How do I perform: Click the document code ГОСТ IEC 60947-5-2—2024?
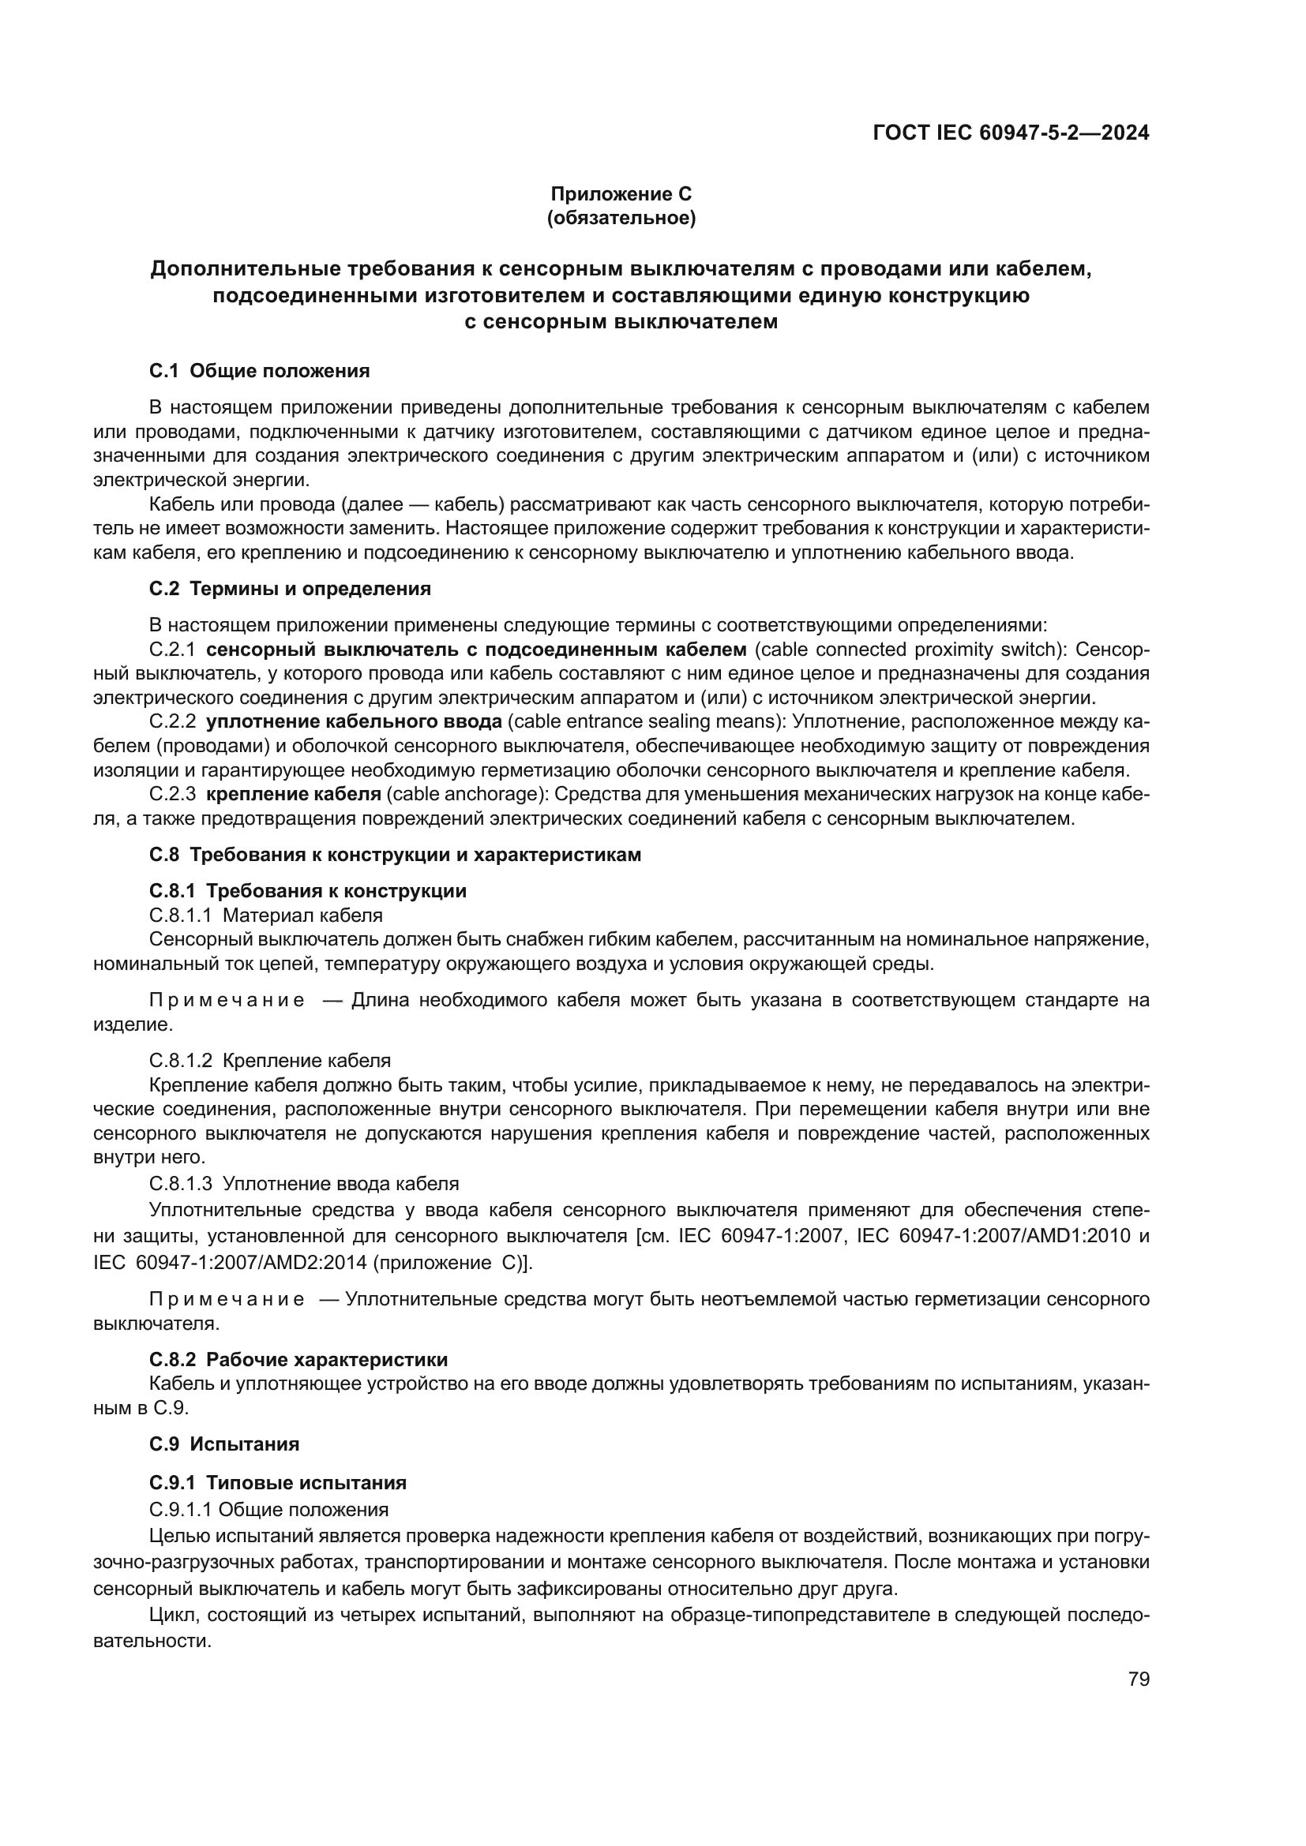[x=1010, y=133]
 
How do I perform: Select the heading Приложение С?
[x=621, y=194]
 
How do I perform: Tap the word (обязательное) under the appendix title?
[x=621, y=218]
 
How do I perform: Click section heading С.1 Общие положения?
[x=260, y=371]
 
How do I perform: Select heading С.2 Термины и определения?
[x=291, y=589]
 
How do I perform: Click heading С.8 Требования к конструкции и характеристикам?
[x=396, y=855]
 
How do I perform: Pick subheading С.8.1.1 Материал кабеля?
[x=266, y=915]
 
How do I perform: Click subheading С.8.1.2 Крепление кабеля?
[x=270, y=1061]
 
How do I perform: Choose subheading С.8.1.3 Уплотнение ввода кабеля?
[x=304, y=1184]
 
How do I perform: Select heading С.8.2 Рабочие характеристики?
[x=298, y=1360]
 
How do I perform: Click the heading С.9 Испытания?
[x=224, y=1444]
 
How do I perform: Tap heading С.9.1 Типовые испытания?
[x=278, y=1483]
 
